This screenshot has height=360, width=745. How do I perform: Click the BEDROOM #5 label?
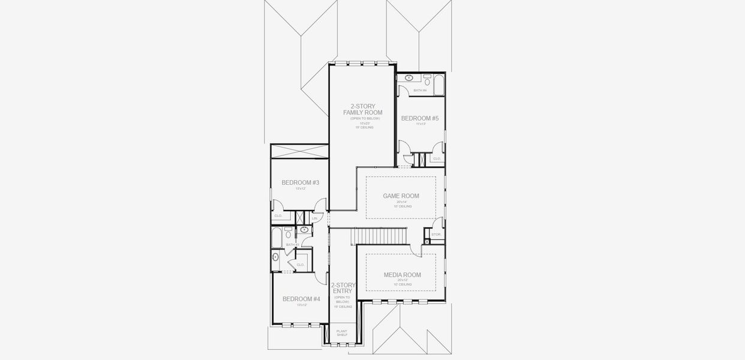pos(420,118)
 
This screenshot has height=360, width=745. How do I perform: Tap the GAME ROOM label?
pos(401,196)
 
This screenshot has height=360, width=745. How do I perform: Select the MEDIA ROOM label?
pos(402,275)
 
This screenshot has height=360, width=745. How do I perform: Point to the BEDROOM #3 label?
pos(301,182)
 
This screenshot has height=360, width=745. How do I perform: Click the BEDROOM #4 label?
pos(301,299)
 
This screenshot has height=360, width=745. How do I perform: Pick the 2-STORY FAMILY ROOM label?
pos(363,110)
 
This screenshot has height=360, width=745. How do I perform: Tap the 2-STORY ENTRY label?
pos(343,289)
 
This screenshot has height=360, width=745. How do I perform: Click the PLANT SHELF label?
pos(342,333)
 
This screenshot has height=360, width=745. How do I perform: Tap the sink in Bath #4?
pos(409,77)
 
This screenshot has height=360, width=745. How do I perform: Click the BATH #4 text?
pos(420,91)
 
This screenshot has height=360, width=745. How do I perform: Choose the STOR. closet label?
pos(436,235)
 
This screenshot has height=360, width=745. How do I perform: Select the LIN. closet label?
pos(314,218)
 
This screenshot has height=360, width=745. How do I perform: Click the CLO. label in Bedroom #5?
pos(437,159)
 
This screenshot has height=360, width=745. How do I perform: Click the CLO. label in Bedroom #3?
pos(278,215)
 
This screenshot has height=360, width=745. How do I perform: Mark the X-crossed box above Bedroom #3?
pos(299,151)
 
